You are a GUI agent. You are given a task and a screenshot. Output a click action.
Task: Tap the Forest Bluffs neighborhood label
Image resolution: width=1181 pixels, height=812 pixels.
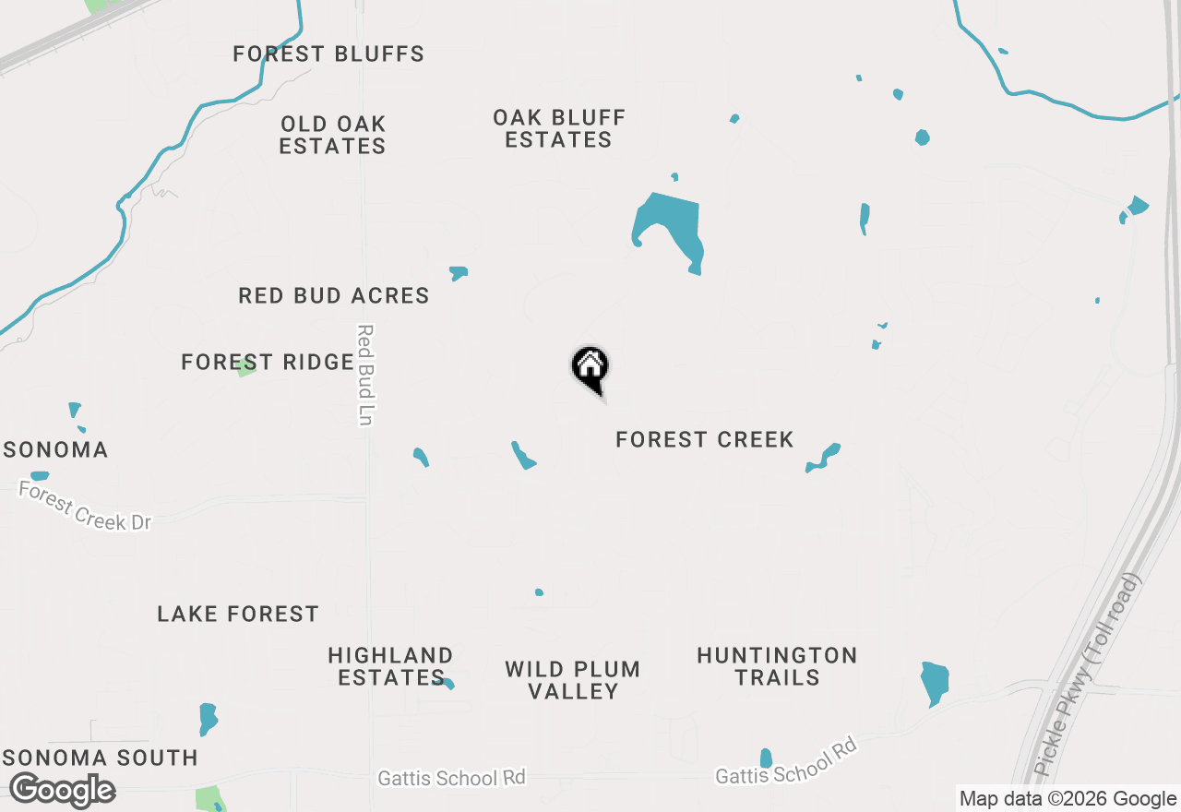[x=328, y=54]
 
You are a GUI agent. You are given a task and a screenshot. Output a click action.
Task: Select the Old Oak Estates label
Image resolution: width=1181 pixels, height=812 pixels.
[x=332, y=135]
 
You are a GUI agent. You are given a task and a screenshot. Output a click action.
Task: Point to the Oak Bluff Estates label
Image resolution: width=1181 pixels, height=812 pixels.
[x=559, y=129]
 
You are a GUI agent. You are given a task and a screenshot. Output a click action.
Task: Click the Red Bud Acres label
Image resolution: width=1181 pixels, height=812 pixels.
[x=334, y=296]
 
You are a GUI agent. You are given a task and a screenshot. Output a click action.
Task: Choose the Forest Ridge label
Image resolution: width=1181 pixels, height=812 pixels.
[x=267, y=363]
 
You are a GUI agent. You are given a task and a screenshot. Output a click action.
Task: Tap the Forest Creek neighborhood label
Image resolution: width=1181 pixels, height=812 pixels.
[x=704, y=440]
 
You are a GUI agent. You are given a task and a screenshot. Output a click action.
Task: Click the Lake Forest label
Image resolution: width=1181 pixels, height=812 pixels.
[x=238, y=615]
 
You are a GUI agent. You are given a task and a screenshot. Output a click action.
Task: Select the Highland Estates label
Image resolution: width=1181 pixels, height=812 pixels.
[x=390, y=666]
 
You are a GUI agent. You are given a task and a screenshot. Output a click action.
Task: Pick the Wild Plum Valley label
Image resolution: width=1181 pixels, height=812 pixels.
[x=573, y=680]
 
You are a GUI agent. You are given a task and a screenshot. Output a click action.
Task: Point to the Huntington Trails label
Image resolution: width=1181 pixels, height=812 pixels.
[x=777, y=666]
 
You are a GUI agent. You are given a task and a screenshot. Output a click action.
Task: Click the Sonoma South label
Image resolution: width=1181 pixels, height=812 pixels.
[x=100, y=758]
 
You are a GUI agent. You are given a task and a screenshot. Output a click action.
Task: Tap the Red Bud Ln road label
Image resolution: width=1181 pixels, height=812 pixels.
[x=364, y=375]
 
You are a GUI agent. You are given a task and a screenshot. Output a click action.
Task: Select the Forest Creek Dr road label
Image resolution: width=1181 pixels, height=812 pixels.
[x=84, y=507]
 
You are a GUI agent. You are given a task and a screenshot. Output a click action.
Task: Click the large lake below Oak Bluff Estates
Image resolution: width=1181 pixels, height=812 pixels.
[x=670, y=226]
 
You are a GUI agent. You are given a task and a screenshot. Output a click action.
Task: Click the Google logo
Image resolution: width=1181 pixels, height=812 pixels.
[x=62, y=791]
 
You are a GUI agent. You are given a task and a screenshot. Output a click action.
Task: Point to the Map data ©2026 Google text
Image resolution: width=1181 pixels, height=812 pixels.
[x=1068, y=799]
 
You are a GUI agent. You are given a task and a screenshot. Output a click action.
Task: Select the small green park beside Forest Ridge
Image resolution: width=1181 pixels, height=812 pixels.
[x=245, y=368]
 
